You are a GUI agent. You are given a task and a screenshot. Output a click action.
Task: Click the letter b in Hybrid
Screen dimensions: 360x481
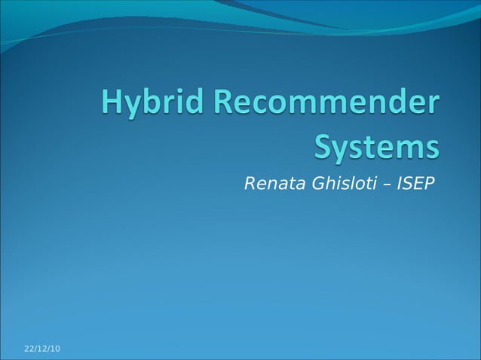(152, 104)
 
